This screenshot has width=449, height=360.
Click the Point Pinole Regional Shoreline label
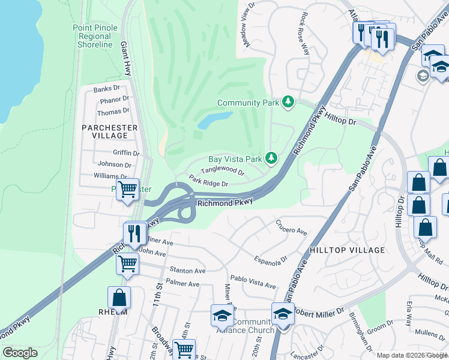(x=92, y=36)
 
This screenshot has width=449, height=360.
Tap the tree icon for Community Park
(x=289, y=103)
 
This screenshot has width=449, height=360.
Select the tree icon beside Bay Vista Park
(x=272, y=158)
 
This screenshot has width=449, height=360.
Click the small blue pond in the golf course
(x=214, y=121)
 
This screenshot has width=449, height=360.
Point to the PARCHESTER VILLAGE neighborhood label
(x=110, y=131)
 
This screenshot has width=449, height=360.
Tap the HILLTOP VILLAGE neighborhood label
(x=347, y=250)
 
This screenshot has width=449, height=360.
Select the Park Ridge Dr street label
(x=208, y=181)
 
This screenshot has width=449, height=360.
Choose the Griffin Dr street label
(x=117, y=153)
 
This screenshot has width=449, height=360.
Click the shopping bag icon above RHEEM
(x=119, y=297)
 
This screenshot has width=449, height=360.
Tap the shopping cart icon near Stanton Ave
(x=127, y=263)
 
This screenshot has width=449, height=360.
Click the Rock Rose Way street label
(x=305, y=33)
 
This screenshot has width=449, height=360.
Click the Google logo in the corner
(x=20, y=353)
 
